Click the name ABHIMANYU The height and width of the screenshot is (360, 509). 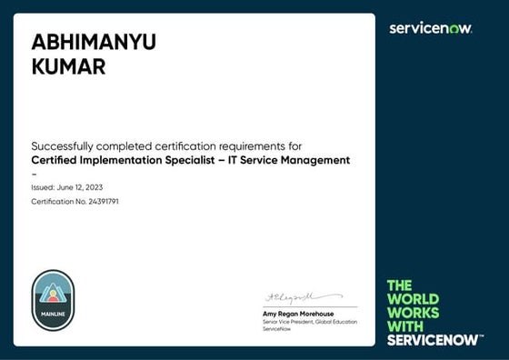click(x=94, y=42)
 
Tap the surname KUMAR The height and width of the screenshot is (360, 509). click(x=68, y=66)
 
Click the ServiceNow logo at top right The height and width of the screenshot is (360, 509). click(x=431, y=28)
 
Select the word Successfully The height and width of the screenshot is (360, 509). click(x=62, y=145)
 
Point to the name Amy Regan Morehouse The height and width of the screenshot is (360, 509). click(x=296, y=315)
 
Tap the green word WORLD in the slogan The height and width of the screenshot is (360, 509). click(x=413, y=299)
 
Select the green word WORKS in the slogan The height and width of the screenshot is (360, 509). click(x=414, y=313)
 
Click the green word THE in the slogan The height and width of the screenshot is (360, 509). click(x=400, y=285)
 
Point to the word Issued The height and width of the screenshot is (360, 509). click(x=43, y=187)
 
